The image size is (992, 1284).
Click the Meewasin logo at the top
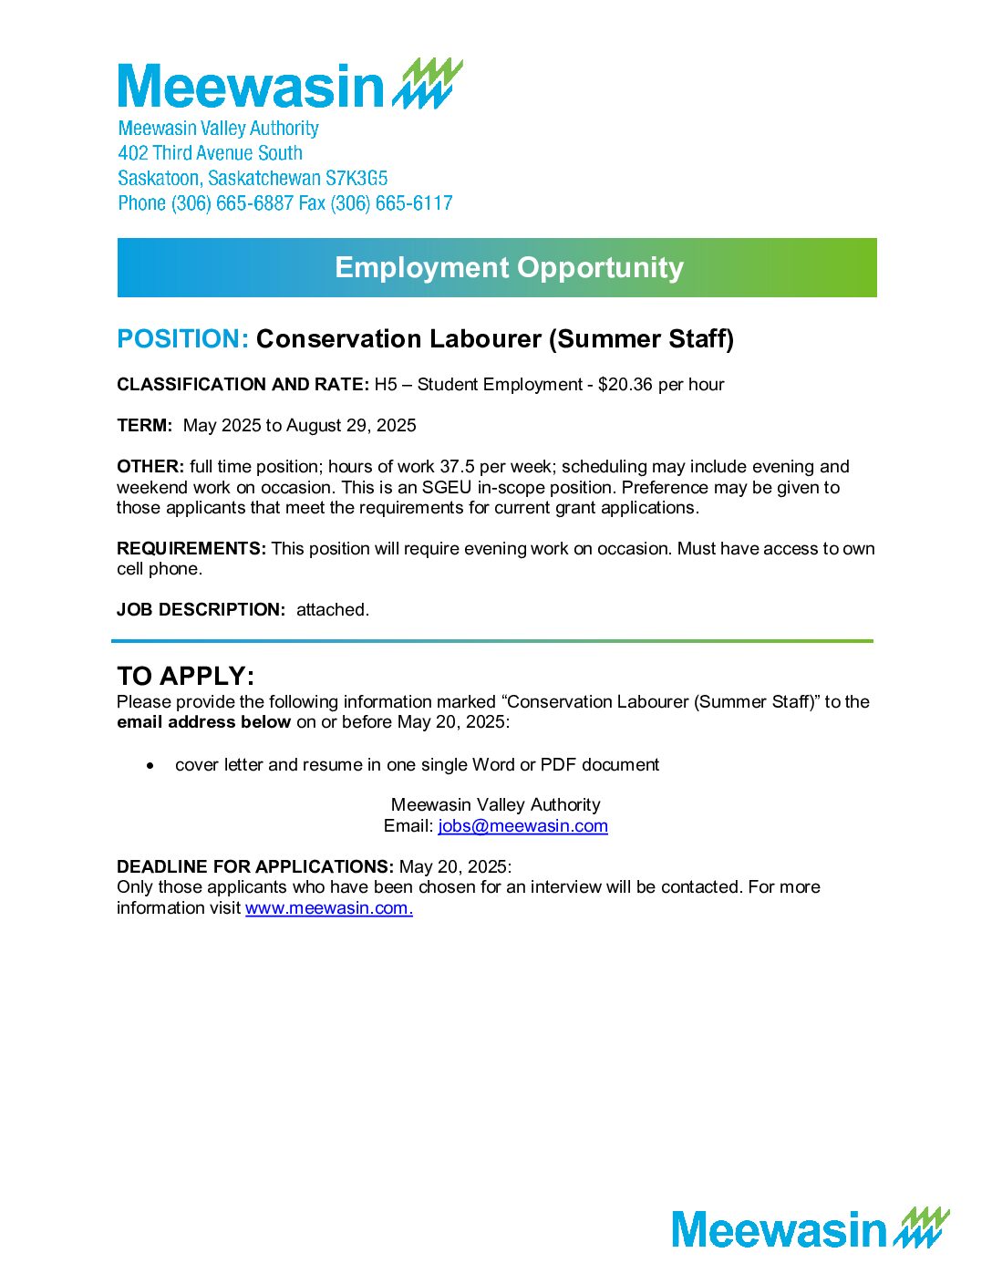point(290,85)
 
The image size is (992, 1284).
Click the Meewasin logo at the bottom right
point(810,1228)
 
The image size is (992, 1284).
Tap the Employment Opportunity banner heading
point(509,267)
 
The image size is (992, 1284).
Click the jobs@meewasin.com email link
point(522,826)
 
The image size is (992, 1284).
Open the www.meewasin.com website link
point(328,908)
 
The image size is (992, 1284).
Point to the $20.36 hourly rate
point(625,385)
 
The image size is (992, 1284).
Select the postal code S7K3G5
point(356,178)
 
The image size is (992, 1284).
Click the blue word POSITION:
point(182,339)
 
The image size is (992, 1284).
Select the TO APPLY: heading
point(185,677)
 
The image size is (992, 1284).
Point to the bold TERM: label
point(144,426)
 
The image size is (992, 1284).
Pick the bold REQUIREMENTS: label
point(191,549)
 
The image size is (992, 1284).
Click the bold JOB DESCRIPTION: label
point(201,610)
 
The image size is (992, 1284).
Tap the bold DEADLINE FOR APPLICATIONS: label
point(255,867)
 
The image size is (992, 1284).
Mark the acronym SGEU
point(447,488)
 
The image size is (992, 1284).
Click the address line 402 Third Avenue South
point(210,153)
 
